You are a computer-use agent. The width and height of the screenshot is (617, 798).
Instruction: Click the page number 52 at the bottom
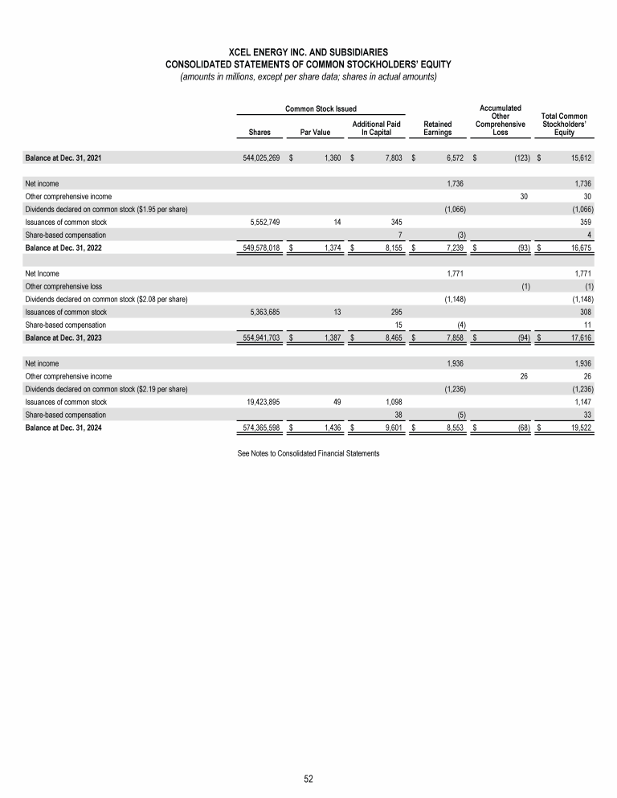coord(308,778)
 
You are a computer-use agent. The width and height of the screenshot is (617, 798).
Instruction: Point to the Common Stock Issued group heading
coord(321,108)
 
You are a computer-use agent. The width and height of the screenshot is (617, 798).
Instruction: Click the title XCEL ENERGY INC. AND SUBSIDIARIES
coord(308,51)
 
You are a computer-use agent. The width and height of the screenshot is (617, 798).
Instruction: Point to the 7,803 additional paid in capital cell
coord(390,159)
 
